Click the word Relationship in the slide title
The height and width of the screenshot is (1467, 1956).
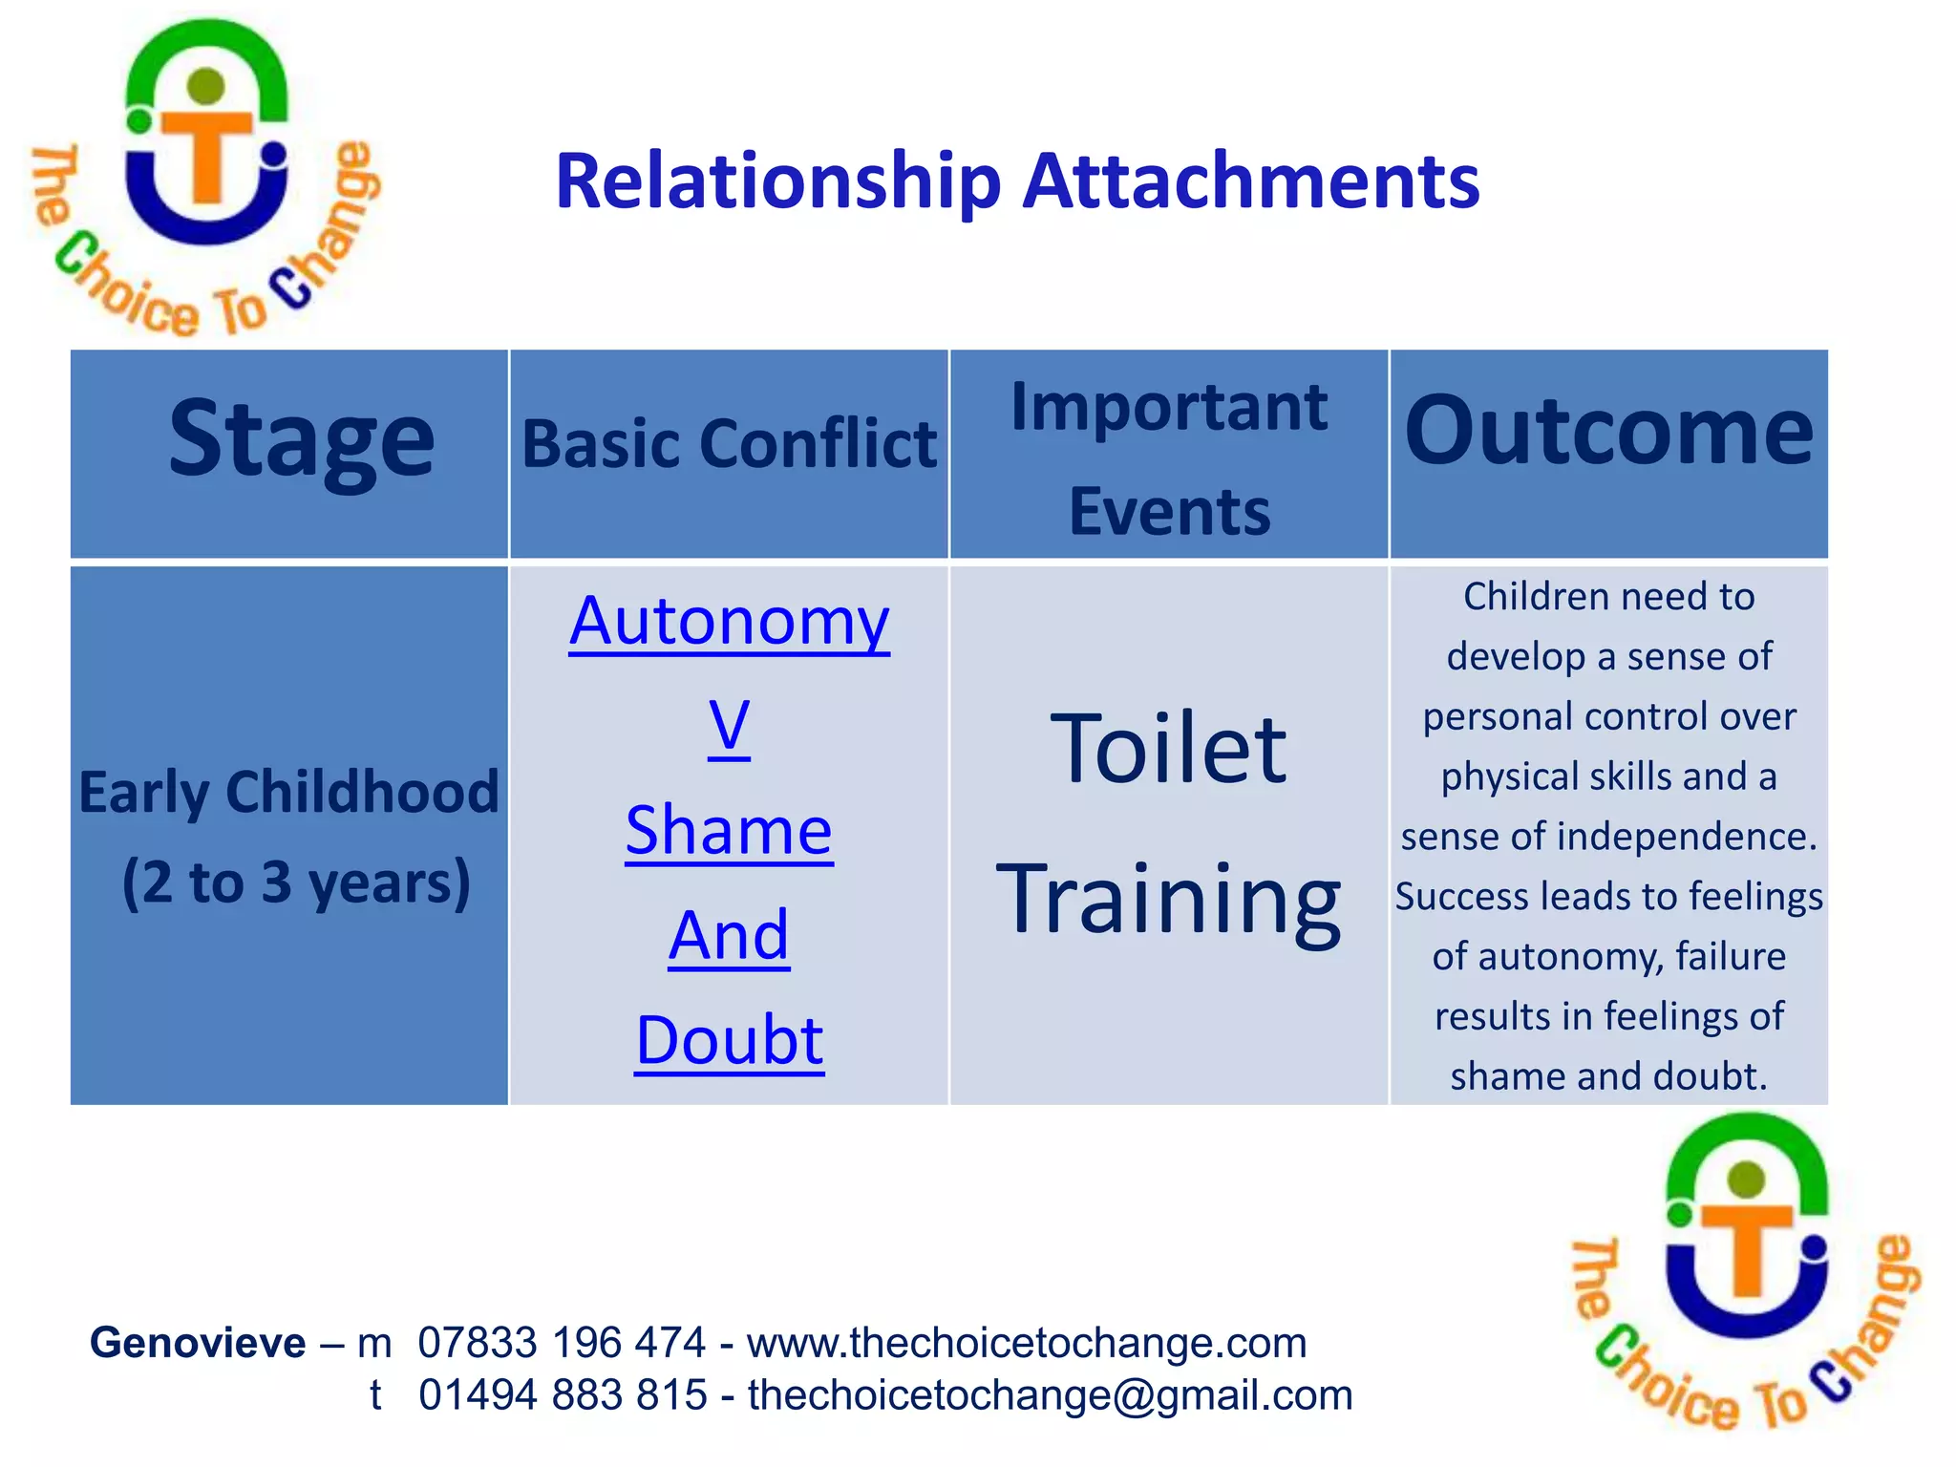click(x=777, y=182)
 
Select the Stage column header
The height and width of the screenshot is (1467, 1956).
click(x=301, y=438)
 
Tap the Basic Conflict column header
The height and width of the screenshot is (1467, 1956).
click(x=729, y=445)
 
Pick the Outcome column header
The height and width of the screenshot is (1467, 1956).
click(x=1608, y=432)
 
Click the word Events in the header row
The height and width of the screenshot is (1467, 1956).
click(x=1169, y=512)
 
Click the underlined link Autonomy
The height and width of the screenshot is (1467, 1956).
click(x=729, y=622)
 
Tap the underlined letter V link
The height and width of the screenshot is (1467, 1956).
click(x=729, y=727)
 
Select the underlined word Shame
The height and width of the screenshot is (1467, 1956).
click(x=729, y=831)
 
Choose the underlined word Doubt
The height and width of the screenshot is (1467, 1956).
click(x=729, y=1040)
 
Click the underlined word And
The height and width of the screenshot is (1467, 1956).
click(x=729, y=936)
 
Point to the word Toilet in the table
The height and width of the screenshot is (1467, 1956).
click(x=1168, y=750)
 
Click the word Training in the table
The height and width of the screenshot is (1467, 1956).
click(x=1168, y=899)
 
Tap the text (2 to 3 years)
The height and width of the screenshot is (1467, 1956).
click(x=296, y=882)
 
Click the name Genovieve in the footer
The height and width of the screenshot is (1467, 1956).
click(x=198, y=1343)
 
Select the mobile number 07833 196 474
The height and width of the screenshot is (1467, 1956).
click(x=562, y=1343)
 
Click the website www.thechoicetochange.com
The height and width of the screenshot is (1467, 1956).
click(x=1027, y=1343)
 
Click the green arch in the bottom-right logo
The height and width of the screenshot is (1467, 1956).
click(x=1747, y=1146)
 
